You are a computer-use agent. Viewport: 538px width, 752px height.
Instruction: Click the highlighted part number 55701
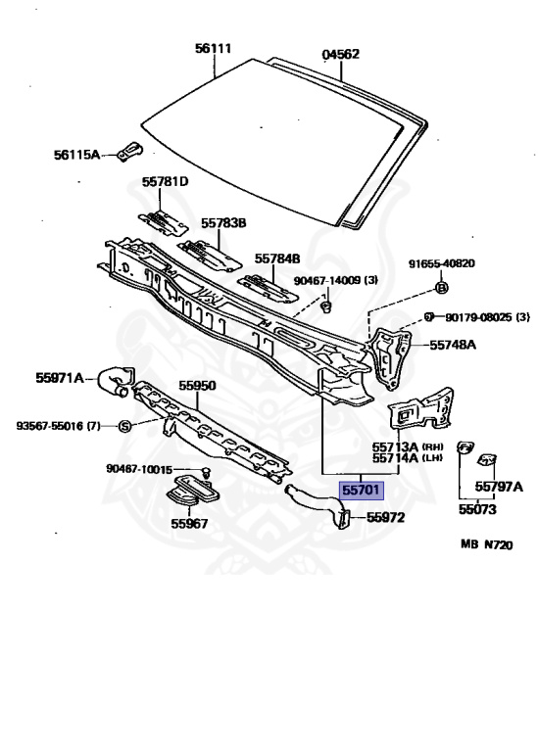[x=362, y=491]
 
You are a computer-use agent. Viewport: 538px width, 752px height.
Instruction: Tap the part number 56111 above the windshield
[x=213, y=48]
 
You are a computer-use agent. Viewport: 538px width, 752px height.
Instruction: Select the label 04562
[x=340, y=54]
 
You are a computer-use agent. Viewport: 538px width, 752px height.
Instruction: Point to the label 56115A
[x=76, y=155]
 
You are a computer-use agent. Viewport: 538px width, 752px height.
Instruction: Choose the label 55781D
[x=165, y=182]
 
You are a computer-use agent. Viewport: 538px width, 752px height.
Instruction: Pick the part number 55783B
[x=223, y=223]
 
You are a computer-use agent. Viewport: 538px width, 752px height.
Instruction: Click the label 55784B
[x=277, y=258]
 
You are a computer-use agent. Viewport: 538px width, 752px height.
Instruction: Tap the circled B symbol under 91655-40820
[x=442, y=287]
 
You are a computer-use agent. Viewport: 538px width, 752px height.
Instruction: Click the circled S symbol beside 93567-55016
[x=124, y=426]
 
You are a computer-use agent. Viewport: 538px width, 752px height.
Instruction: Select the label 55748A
[x=453, y=345]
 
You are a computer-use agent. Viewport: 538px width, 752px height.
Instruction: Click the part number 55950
[x=197, y=386]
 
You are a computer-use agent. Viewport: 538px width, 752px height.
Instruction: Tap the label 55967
[x=189, y=524]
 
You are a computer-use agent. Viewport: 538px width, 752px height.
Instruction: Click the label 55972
[x=385, y=517]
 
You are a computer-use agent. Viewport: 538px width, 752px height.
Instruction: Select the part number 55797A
[x=499, y=487]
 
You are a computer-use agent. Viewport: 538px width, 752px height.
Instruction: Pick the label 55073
[x=477, y=509]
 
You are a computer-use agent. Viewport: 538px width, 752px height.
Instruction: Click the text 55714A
[x=396, y=458]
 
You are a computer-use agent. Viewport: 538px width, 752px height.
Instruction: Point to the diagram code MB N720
[x=487, y=544]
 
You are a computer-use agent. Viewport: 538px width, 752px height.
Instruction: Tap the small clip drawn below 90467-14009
[x=327, y=305]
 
